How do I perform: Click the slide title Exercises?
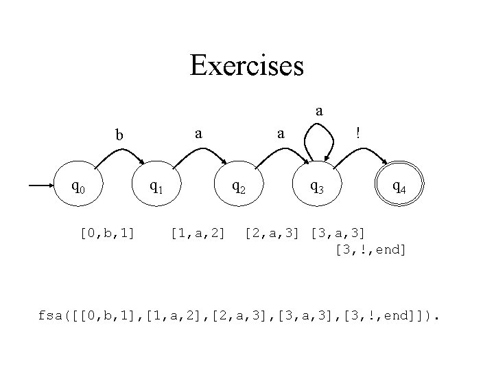(246, 67)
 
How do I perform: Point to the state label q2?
(240, 185)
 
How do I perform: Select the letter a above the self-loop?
(319, 110)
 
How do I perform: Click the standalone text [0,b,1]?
(107, 234)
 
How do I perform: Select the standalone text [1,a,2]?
(197, 234)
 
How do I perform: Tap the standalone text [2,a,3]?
(272, 234)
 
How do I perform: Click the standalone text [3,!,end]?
(370, 249)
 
